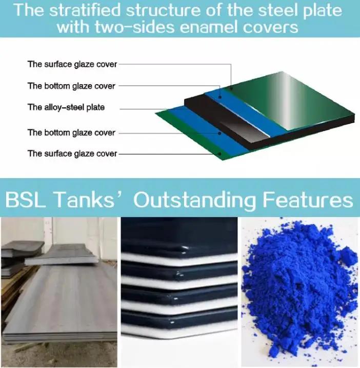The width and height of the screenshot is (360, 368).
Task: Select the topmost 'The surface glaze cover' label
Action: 72,65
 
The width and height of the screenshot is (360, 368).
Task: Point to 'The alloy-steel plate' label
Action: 66,107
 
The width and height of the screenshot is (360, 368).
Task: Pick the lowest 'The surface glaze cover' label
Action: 72,153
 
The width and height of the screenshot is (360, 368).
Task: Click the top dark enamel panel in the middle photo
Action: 179,236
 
